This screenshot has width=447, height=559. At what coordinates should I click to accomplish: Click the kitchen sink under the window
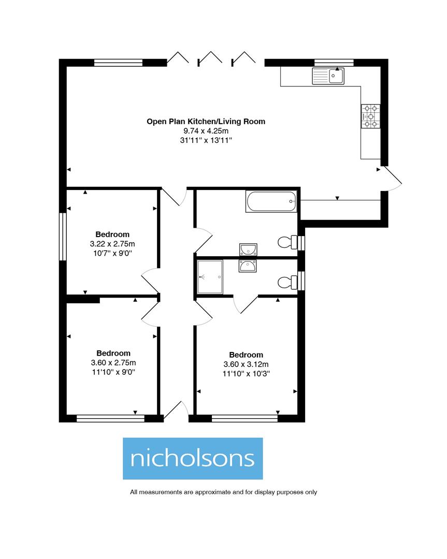[328, 77]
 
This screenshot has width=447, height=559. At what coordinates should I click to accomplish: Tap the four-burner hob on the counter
[371, 116]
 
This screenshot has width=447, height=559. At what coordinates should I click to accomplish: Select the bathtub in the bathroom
[271, 201]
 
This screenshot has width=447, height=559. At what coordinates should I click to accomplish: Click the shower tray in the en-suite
[210, 277]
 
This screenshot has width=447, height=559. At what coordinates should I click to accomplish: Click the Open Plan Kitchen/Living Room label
[206, 122]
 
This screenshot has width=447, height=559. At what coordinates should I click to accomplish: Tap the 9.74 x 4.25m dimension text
[206, 131]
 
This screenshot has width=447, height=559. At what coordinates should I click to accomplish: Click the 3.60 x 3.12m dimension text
[246, 364]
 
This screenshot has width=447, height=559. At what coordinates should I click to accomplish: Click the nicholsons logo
[193, 458]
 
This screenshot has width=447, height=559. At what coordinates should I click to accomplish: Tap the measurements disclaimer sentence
[223, 492]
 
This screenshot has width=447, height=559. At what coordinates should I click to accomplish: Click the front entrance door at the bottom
[175, 410]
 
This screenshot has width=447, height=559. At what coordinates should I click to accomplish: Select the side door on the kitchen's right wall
[391, 179]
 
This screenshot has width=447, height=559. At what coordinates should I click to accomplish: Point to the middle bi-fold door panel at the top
[210, 58]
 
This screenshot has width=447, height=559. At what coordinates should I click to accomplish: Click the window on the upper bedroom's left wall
[63, 237]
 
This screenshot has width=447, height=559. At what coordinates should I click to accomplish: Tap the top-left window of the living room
[118, 63]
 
